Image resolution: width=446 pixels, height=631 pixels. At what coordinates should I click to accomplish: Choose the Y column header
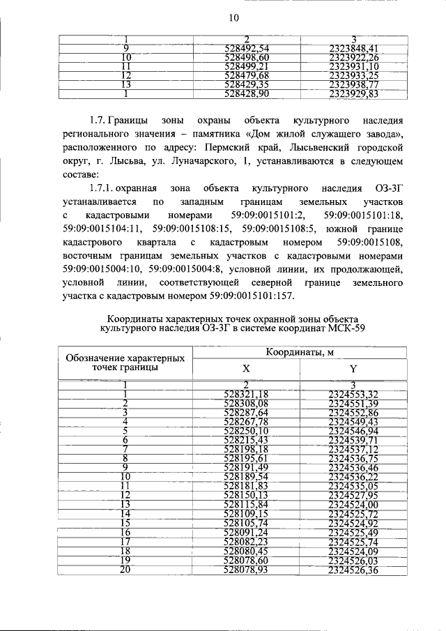[x=353, y=369]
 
